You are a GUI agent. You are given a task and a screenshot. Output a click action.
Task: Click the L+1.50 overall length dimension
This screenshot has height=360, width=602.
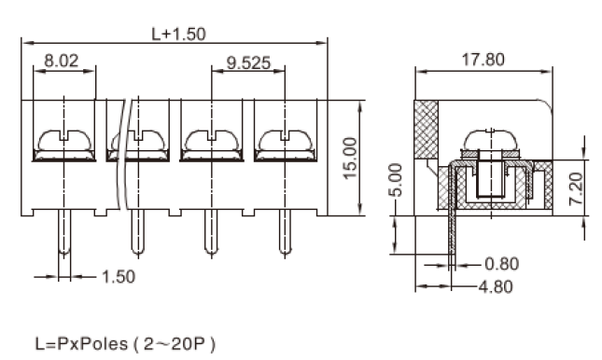pos(179,35)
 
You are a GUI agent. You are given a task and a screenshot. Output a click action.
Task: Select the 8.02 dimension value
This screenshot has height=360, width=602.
pos(62,61)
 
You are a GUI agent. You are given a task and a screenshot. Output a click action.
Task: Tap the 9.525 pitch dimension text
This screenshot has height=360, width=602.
pos(248,62)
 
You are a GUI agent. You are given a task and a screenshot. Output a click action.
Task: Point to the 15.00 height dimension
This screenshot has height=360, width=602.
pos(350,159)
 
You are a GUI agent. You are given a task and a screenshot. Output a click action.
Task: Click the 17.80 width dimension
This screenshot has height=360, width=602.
pos(483,60)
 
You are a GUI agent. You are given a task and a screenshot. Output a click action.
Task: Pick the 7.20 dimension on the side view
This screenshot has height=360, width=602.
pos(576,188)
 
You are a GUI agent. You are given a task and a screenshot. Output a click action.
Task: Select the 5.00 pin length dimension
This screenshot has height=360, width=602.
pos(396,180)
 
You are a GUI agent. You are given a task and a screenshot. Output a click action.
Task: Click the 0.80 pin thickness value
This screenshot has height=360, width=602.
pos(502,264)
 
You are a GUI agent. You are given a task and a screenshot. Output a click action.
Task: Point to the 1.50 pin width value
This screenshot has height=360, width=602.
pos(119,277)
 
